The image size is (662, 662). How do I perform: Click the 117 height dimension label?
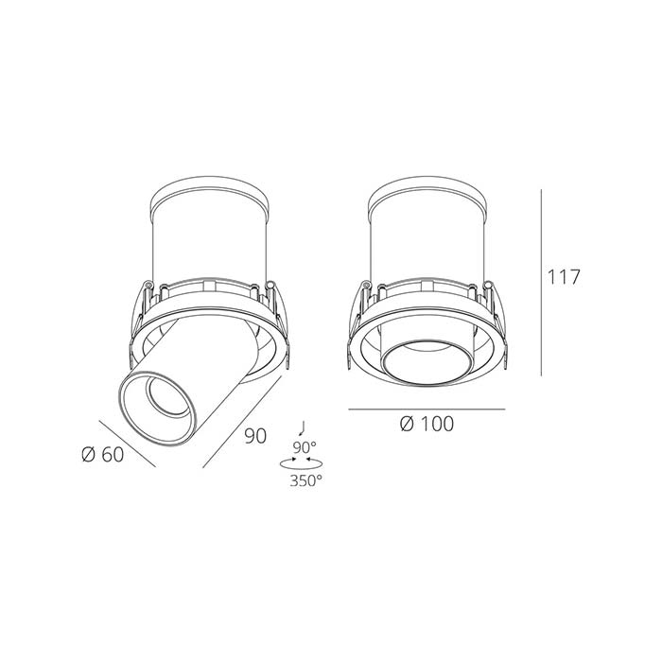pos(564,277)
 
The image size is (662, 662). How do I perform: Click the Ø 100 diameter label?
pos(427,424)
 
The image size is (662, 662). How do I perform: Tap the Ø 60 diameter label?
pos(102,454)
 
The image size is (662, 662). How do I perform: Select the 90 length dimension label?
pos(255,436)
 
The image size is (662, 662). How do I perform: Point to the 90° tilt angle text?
pos(305,447)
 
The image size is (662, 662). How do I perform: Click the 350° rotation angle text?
pos(305,480)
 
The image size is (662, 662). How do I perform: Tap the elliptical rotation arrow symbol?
pos(301,463)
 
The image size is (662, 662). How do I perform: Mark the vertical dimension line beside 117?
pos(541,283)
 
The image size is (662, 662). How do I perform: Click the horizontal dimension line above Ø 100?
pos(427,409)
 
